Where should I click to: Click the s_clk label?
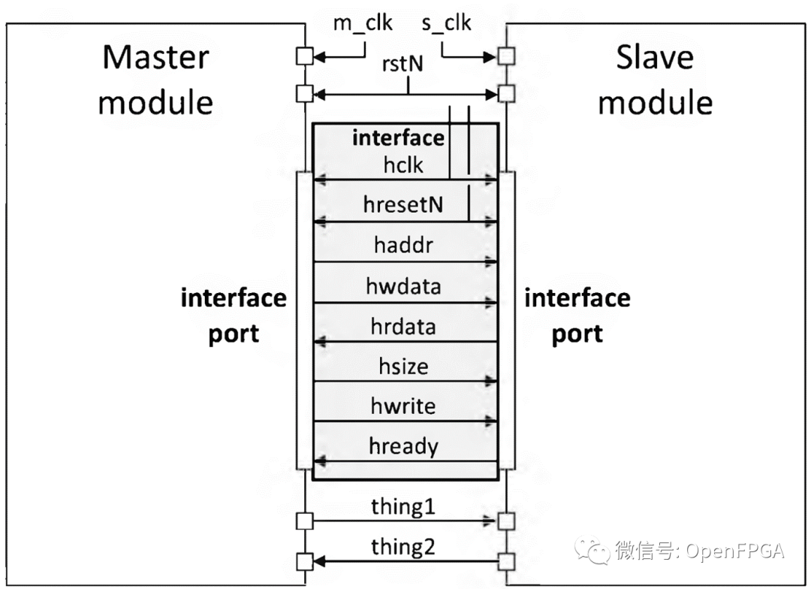tap(446, 23)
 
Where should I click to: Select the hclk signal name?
tap(403, 165)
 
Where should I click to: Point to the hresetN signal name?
tap(402, 205)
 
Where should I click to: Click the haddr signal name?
tap(403, 245)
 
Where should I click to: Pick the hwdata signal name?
tap(403, 286)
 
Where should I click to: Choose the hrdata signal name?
tap(403, 327)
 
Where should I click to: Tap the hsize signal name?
tap(403, 367)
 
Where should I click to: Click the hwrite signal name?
tap(403, 406)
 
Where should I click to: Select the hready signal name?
tap(403, 447)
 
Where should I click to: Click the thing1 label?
tap(403, 507)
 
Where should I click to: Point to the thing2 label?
tap(403, 547)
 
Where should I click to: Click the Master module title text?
tap(155, 80)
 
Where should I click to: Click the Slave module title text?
tap(655, 80)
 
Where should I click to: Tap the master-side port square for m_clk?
tap(304, 56)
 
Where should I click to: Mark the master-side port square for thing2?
tap(304, 560)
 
